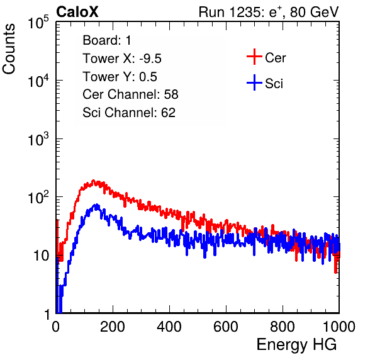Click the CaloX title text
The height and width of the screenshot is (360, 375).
77,12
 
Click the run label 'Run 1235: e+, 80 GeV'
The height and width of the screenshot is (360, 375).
269,12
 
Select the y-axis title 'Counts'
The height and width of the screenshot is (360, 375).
9,49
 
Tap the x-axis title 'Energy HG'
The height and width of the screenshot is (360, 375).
296,345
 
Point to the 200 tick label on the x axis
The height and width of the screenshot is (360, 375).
113,327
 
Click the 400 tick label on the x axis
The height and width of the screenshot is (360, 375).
169,327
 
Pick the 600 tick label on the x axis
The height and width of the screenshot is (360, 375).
226,327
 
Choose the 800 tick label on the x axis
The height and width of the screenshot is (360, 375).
283,327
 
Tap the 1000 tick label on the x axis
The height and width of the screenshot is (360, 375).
339,327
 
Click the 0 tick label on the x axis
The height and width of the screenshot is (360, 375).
56,327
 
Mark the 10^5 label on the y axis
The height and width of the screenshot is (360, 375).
38,22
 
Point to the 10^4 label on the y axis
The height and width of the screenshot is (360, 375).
38,81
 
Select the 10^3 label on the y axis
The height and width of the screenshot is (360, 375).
38,138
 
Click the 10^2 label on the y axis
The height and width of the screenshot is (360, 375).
38,197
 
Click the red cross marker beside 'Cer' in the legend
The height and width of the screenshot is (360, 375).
254,57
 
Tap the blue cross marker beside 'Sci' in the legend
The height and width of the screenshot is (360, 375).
254,83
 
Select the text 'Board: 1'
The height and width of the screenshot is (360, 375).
107,40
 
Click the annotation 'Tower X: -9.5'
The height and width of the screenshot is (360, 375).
122,59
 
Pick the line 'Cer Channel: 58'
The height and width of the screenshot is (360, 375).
130,94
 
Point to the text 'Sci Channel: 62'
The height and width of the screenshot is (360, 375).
129,113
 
